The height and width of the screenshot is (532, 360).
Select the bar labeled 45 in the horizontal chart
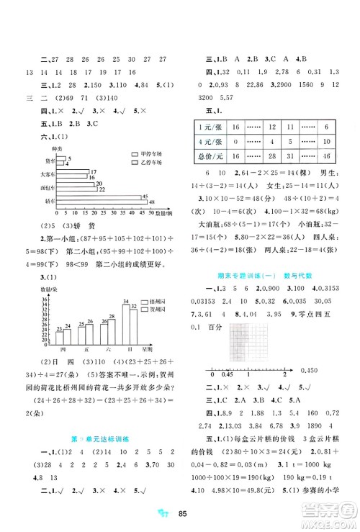(x=102, y=197)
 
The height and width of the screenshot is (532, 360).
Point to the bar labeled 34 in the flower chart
(x=125, y=320)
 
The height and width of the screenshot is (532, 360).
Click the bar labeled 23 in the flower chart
(x=58, y=337)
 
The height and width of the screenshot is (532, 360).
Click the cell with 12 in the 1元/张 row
(x=271, y=126)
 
